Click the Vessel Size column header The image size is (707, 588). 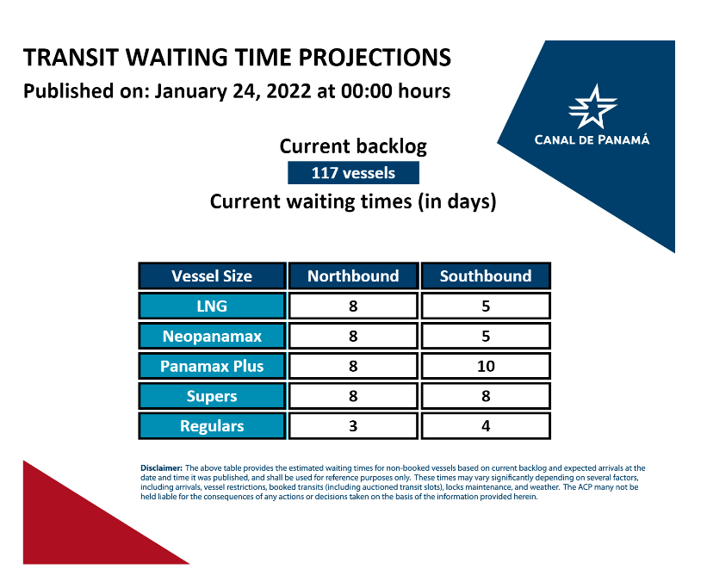[x=212, y=275]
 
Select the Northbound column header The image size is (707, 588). [x=353, y=275]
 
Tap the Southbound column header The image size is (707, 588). [x=486, y=275]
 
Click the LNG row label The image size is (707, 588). [x=212, y=306]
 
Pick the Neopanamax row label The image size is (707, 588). [x=212, y=336]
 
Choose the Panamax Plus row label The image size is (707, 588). [x=212, y=366]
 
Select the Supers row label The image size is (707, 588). [x=212, y=396]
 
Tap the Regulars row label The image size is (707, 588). [x=212, y=425]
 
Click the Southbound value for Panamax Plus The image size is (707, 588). [x=486, y=366]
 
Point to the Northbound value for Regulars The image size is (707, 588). [x=353, y=425]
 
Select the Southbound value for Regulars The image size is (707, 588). [x=486, y=425]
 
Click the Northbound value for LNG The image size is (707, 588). [x=353, y=306]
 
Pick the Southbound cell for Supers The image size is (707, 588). [x=486, y=396]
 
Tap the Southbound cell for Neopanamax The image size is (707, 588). [x=486, y=336]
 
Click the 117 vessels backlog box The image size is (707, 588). [x=353, y=173]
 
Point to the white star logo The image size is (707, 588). [x=592, y=108]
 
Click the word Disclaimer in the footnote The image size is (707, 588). [x=161, y=468]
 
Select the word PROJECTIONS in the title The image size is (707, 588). [x=375, y=58]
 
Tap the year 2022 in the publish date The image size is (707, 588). [x=288, y=91]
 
